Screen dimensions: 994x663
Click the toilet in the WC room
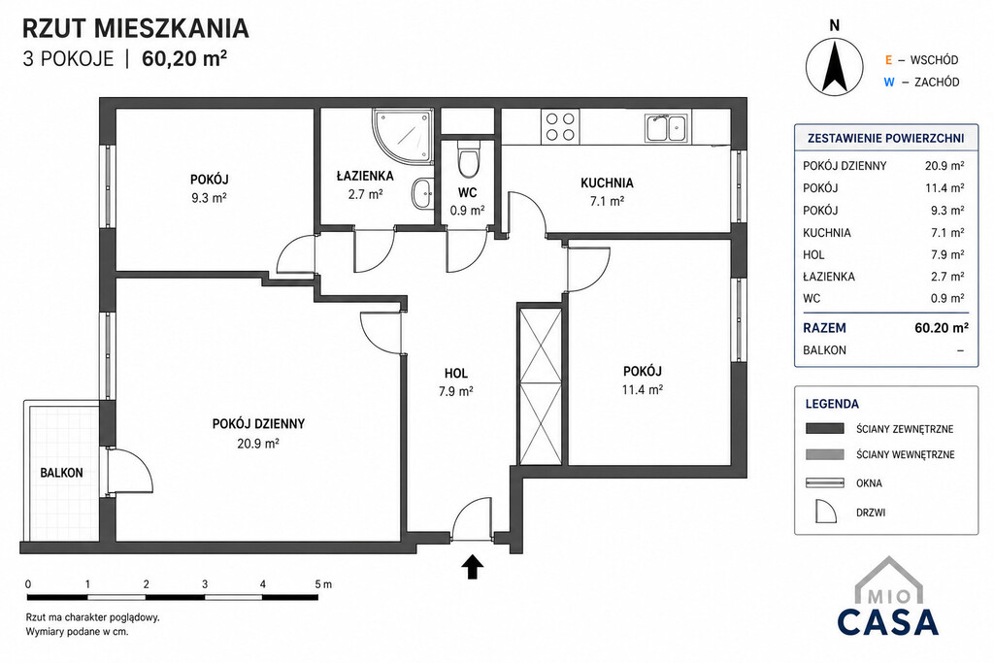pos(469,160)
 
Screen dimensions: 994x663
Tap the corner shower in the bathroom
pos(403,136)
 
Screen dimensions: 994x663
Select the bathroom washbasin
pos(421,193)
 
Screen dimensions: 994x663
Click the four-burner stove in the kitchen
pos(560,126)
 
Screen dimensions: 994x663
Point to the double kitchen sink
pos(666,127)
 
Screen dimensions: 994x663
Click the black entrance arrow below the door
pos(472,566)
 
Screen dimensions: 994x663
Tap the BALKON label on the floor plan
pos(61,473)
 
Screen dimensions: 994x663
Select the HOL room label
pos(456,374)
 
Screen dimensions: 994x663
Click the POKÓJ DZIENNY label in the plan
pos(258,423)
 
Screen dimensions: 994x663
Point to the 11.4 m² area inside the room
pos(643,389)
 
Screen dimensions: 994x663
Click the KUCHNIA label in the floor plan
pos(607,183)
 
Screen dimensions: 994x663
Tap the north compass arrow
pos(834,66)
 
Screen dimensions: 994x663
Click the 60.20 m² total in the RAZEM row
pos(942,328)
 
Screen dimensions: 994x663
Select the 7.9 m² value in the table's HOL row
pos(947,254)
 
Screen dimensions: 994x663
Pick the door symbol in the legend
pos(826,511)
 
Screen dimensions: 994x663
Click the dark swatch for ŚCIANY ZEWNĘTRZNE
pos(825,428)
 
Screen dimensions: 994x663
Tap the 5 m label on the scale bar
pos(323,583)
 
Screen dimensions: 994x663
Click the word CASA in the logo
pos(887,622)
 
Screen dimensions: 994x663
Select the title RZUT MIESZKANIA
pos(135,28)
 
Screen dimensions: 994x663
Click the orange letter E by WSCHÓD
pos(889,60)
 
